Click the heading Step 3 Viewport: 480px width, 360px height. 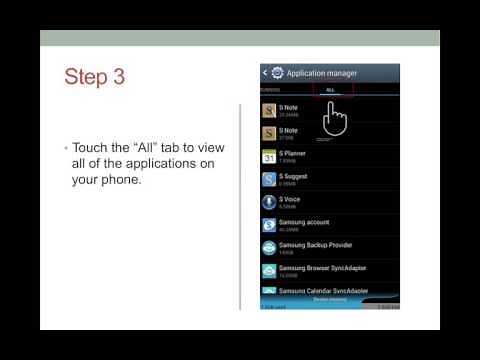click(x=95, y=77)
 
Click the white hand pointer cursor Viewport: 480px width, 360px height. click(x=335, y=120)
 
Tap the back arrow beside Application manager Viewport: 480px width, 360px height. click(x=265, y=73)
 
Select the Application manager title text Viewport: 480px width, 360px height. click(x=321, y=73)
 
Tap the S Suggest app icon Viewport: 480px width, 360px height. click(x=269, y=179)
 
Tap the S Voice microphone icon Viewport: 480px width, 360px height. click(x=269, y=202)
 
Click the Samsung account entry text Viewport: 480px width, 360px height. click(x=304, y=222)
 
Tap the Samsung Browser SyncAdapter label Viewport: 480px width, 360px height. click(x=325, y=268)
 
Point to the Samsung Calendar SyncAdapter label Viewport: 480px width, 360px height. click(x=325, y=290)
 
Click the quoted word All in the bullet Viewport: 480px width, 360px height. click(x=149, y=148)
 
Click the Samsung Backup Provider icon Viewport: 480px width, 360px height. click(x=269, y=248)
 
